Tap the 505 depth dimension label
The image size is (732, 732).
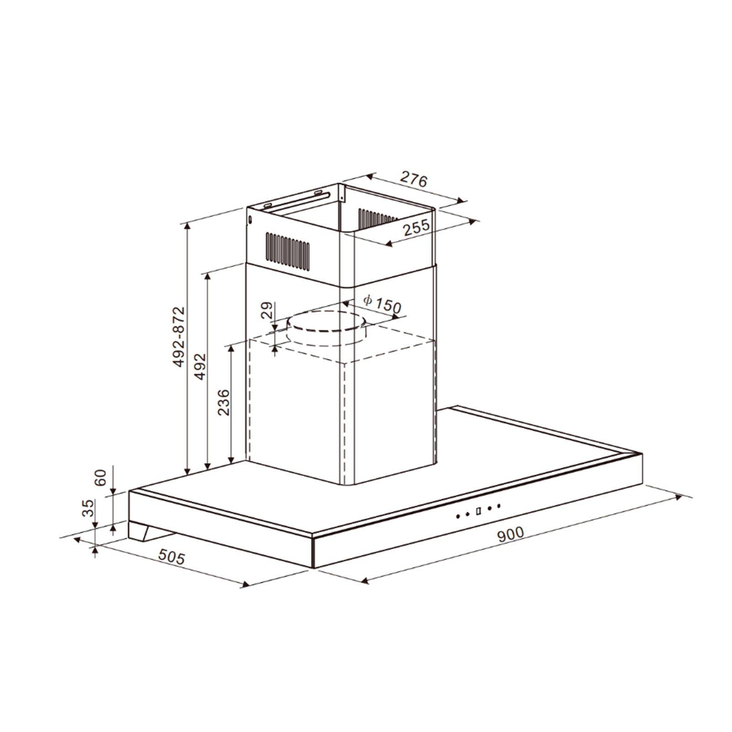(x=172, y=557)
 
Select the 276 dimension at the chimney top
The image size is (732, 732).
(x=414, y=179)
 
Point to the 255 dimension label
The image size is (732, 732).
(x=416, y=227)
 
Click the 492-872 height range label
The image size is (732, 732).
(x=179, y=337)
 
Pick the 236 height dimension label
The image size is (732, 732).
(x=223, y=402)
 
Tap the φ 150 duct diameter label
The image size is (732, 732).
(x=382, y=304)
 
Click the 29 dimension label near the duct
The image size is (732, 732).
(x=266, y=310)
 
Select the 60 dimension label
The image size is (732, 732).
(x=100, y=478)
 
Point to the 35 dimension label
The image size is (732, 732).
(x=88, y=508)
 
